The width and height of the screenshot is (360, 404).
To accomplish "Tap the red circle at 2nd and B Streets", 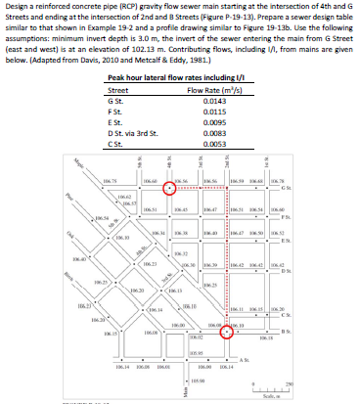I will (x=227, y=332).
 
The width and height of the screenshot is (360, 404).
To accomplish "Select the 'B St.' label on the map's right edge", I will (x=339, y=332).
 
